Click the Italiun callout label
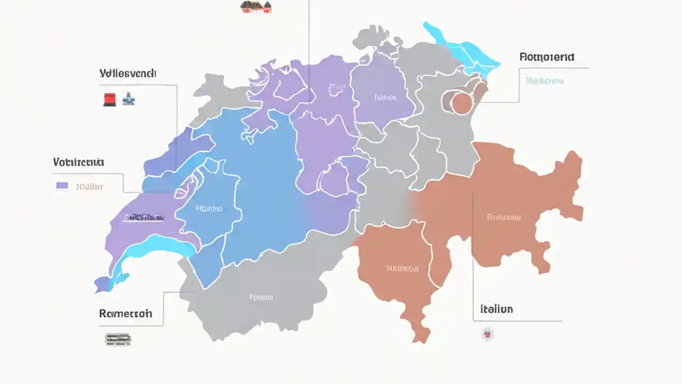(496, 309)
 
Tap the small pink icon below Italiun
(487, 334)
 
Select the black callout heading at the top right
(546, 57)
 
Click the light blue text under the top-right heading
(544, 81)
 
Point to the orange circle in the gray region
(461, 103)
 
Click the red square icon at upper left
(109, 99)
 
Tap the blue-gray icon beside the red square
(128, 99)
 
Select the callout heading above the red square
(128, 74)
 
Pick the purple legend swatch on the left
(62, 186)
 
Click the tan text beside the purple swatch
(89, 187)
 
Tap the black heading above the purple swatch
(79, 162)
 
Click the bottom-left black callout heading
(125, 314)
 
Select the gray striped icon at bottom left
(118, 339)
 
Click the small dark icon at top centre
(256, 6)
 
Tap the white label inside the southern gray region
(261, 297)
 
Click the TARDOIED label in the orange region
(402, 269)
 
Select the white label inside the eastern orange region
(504, 217)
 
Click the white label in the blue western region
(209, 209)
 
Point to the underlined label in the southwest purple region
(144, 218)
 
